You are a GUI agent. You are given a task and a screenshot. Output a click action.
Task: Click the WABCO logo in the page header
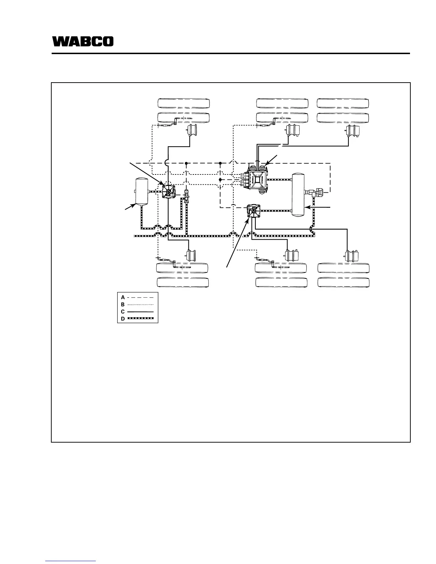(x=83, y=41)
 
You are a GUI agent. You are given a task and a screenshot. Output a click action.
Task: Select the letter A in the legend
(x=123, y=297)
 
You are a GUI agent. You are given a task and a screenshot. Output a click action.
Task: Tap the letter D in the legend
(x=123, y=319)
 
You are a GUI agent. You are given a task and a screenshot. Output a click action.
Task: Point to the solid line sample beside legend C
(x=140, y=312)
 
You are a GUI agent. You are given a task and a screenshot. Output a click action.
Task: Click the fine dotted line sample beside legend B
(x=140, y=304)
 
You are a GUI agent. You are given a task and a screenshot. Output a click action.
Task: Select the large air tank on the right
(x=299, y=194)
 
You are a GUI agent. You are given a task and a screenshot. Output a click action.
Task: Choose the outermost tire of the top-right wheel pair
(x=343, y=103)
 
